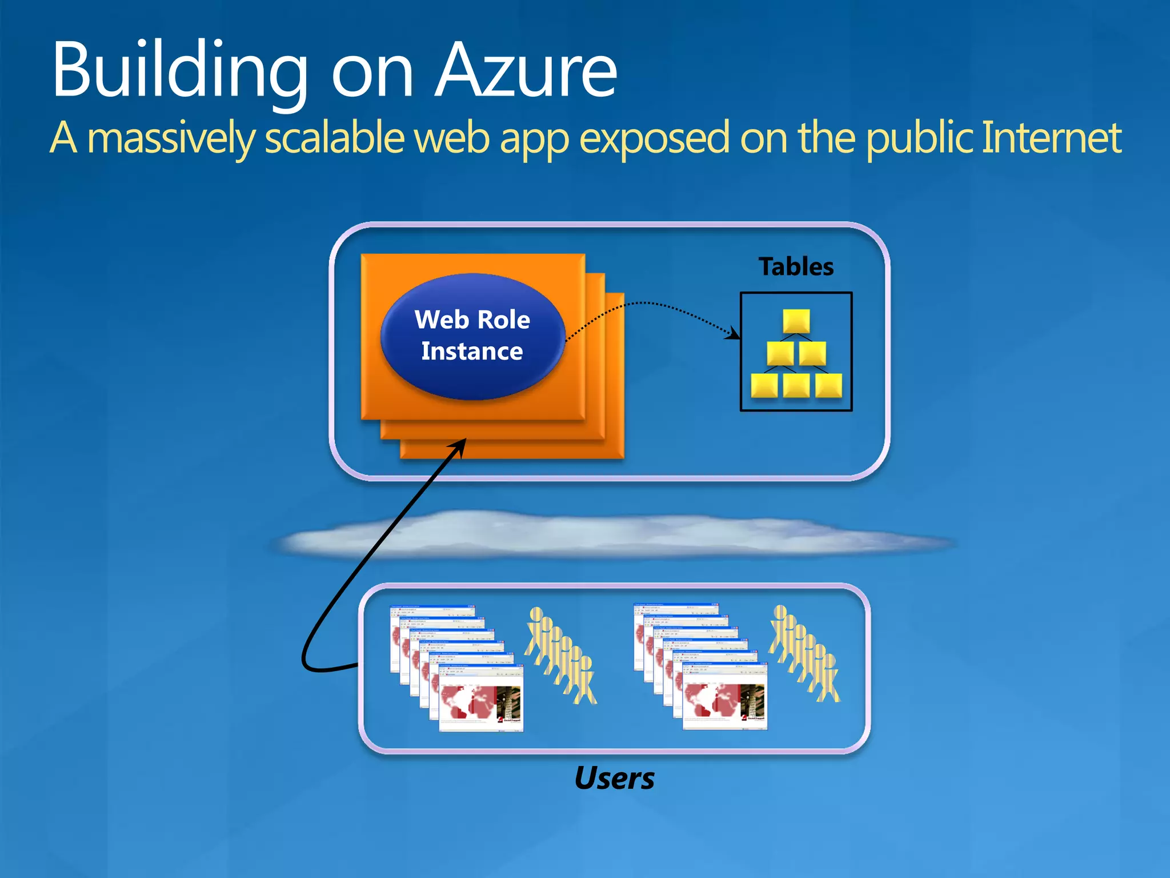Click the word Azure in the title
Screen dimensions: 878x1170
click(x=526, y=71)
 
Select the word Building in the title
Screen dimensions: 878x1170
click(x=180, y=71)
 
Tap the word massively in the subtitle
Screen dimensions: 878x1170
click(x=171, y=138)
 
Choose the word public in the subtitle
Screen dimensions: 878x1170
click(x=920, y=138)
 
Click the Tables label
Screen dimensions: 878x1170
click(x=796, y=266)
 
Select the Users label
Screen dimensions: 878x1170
click(x=615, y=778)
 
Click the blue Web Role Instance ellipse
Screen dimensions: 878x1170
click(x=472, y=336)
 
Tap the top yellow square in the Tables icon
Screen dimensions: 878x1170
click(x=796, y=321)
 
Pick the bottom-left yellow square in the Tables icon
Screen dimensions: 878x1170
click(x=764, y=385)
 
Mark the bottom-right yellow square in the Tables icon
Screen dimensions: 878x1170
click(x=828, y=385)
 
